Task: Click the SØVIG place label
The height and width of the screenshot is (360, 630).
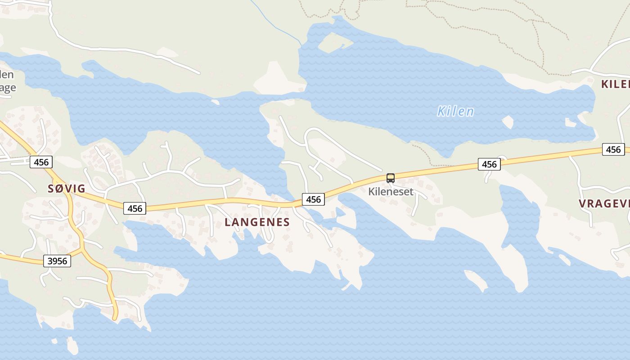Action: point(67,189)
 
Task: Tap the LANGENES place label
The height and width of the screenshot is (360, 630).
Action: point(257,222)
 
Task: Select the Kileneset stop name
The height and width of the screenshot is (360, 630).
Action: point(391,191)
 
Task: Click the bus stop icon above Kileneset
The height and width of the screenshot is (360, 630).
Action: point(391,178)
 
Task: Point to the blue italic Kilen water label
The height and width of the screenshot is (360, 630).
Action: point(455,111)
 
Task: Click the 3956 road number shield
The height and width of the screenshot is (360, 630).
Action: point(57,261)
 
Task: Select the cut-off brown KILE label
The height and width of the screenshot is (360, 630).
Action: point(615,84)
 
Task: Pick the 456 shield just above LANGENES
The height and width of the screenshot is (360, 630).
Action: point(313,199)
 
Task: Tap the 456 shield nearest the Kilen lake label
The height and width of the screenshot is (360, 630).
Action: point(489,164)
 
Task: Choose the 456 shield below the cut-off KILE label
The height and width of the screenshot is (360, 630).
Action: point(613,149)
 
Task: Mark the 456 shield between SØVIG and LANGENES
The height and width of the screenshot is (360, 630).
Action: point(135,208)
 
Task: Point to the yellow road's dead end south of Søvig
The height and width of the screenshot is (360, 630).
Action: point(114,318)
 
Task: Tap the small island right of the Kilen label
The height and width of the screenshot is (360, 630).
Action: point(508,121)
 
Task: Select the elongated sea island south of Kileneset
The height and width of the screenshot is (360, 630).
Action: point(476,280)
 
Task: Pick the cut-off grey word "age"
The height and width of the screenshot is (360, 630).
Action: point(8,87)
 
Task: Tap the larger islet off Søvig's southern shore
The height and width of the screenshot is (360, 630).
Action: point(72,346)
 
